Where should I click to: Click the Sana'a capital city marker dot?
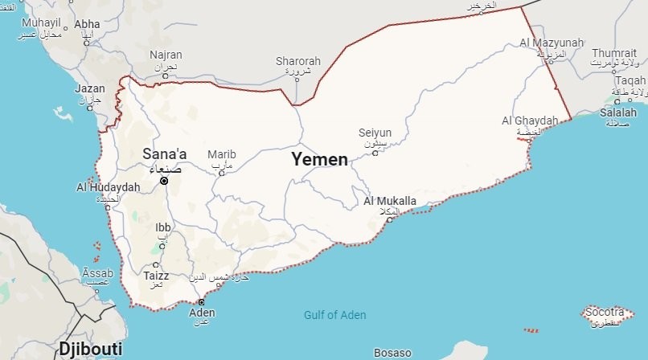tap(164, 181)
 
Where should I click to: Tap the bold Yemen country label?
tap(320, 159)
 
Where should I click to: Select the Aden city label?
tap(202, 313)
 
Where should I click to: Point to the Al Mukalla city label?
tap(390, 201)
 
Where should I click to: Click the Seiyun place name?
tap(375, 133)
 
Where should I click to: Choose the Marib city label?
tap(222, 154)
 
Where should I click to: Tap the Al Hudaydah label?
tap(109, 187)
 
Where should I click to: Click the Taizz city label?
tap(156, 274)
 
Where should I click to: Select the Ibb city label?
tap(162, 227)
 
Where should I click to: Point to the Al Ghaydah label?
tap(530, 121)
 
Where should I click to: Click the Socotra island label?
tap(605, 311)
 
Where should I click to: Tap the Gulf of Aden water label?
tap(334, 315)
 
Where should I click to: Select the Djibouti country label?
tap(89, 349)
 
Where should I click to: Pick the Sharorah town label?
tap(297, 60)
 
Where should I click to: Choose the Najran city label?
tap(166, 55)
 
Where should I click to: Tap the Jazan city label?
tap(89, 88)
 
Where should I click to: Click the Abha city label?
tap(87, 24)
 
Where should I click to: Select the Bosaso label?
tap(392, 353)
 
